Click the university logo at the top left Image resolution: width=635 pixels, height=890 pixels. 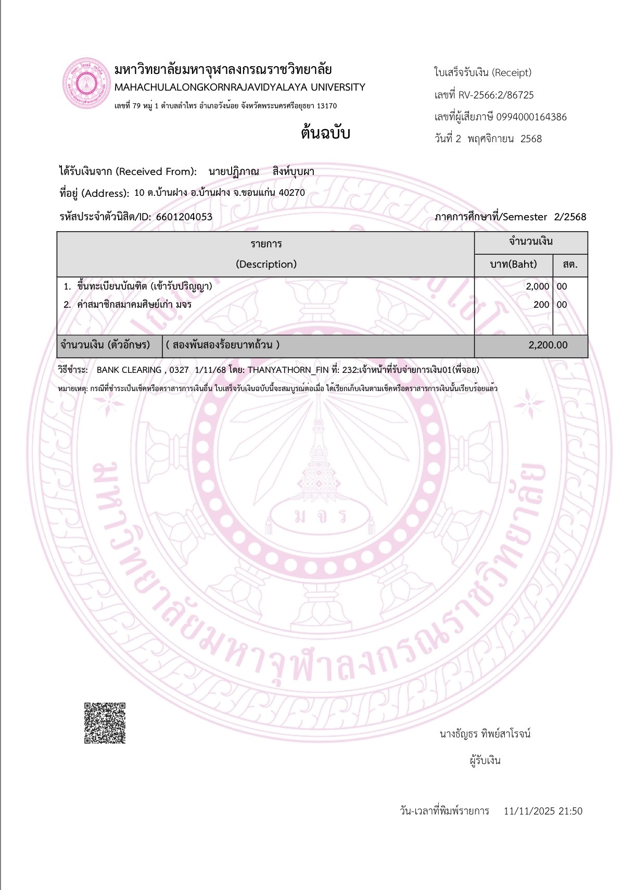pyautogui.click(x=85, y=83)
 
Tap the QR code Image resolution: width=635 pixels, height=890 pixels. pyautogui.click(x=105, y=723)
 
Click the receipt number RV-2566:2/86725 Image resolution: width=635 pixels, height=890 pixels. pyautogui.click(x=496, y=95)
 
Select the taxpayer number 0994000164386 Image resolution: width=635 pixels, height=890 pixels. pyautogui.click(x=531, y=117)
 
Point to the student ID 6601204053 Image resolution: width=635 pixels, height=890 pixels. pyautogui.click(x=184, y=217)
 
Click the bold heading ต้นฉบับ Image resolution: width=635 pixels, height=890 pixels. pyautogui.click(x=325, y=133)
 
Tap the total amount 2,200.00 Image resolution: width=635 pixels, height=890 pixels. pyautogui.click(x=548, y=345)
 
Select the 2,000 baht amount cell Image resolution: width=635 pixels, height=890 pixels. pyautogui.click(x=537, y=286)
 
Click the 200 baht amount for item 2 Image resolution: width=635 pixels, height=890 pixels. pyautogui.click(x=541, y=305)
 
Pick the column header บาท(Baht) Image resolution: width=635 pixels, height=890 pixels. pyautogui.click(x=513, y=264)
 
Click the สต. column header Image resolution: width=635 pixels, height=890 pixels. pyautogui.click(x=570, y=264)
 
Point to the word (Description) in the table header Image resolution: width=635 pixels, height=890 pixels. pyautogui.click(x=266, y=264)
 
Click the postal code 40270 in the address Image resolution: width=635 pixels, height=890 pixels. pyautogui.click(x=291, y=193)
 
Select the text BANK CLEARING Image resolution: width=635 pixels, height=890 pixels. pyautogui.click(x=129, y=370)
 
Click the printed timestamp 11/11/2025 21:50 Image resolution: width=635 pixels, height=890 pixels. pyautogui.click(x=543, y=811)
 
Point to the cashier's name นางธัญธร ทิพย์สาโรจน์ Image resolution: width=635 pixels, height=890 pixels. pyautogui.click(x=485, y=734)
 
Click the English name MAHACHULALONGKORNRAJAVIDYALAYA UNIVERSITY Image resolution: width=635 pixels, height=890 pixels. pyautogui.click(x=240, y=87)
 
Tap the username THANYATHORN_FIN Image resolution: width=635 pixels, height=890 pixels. pyautogui.click(x=288, y=370)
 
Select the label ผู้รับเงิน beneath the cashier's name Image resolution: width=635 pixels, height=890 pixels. pyautogui.click(x=485, y=760)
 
